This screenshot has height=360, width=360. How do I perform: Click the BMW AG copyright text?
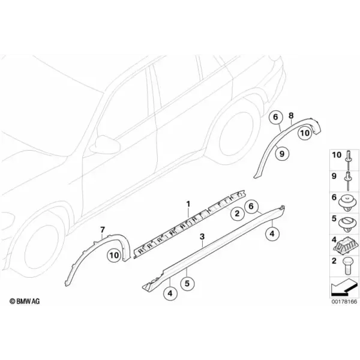pyautogui.click(x=25, y=301)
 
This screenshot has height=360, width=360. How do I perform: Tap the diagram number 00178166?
pyautogui.click(x=344, y=301)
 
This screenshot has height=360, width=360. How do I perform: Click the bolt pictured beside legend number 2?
pyautogui.click(x=347, y=266)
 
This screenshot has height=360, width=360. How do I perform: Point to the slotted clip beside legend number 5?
pyautogui.click(x=347, y=223)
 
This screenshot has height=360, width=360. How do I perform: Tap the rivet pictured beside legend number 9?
pyautogui.click(x=347, y=181)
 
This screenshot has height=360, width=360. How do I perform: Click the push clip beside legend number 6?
pyautogui.click(x=347, y=203)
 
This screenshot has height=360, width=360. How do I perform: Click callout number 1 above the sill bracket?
pyautogui.click(x=188, y=203)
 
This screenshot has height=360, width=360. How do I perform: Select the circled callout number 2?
pyautogui.click(x=237, y=214)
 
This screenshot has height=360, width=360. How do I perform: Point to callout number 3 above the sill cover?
pyautogui.click(x=202, y=236)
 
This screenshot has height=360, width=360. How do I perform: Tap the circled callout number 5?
pyautogui.click(x=187, y=284)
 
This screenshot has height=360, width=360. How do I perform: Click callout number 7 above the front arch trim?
pyautogui.click(x=103, y=229)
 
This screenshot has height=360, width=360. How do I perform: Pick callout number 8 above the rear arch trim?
pyautogui.click(x=291, y=116)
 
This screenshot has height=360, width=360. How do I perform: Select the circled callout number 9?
pyautogui.click(x=282, y=154)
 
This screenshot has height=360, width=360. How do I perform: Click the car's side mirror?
pyautogui.click(x=105, y=145)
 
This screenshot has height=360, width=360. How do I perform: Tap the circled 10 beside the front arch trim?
pyautogui.click(x=115, y=255)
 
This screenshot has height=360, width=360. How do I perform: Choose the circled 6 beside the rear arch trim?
pyautogui.click(x=275, y=117)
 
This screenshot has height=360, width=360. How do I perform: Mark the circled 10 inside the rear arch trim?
pyautogui.click(x=305, y=133)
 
